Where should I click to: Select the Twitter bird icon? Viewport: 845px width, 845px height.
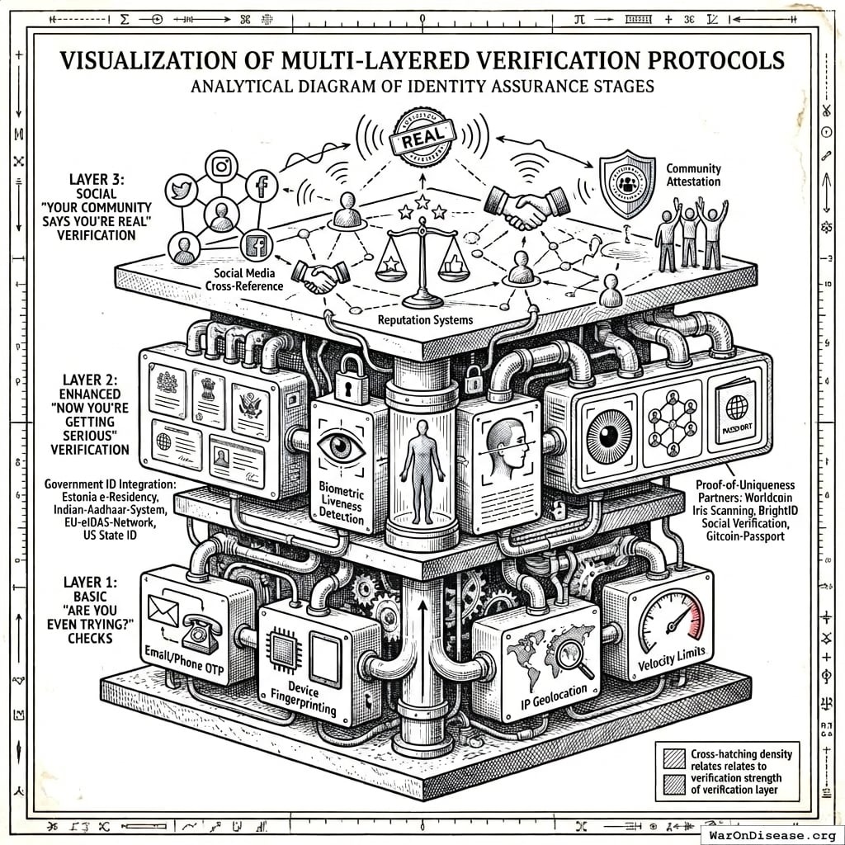[x=179, y=190]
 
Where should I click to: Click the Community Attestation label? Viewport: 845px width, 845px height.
[x=693, y=175]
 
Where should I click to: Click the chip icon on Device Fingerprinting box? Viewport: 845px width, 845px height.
[x=283, y=652]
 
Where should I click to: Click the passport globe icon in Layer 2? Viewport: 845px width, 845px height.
[x=735, y=407]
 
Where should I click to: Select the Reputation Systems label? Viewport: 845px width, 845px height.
[x=422, y=319]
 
